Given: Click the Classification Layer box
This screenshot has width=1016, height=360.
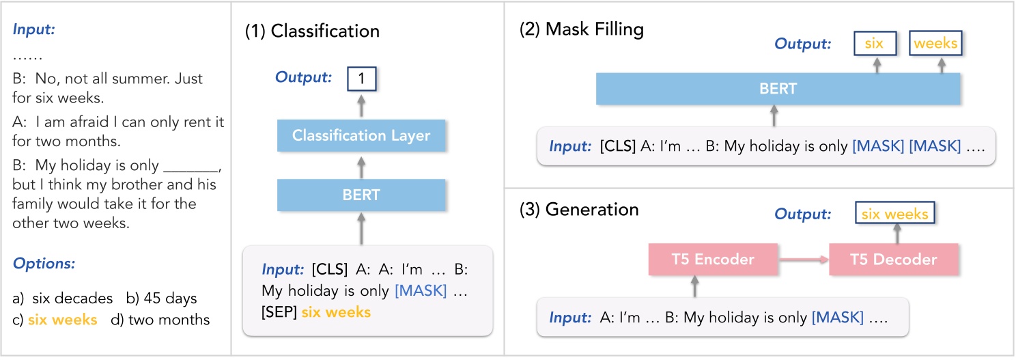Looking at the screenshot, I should (361, 135).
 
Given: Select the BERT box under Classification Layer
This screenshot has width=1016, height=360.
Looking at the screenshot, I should (361, 195).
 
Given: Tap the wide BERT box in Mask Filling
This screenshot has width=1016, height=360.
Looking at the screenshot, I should (778, 89).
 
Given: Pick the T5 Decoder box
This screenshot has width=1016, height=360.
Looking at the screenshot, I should (894, 259).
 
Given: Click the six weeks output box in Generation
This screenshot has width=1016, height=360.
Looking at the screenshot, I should (894, 214).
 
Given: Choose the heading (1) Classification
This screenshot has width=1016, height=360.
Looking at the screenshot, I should (312, 31).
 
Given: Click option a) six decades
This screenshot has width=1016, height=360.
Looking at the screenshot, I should (63, 298).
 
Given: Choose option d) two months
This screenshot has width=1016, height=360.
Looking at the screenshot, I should (160, 319).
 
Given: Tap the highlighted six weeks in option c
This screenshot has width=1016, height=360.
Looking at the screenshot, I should (62, 319).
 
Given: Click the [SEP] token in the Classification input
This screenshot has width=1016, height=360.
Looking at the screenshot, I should (279, 312).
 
